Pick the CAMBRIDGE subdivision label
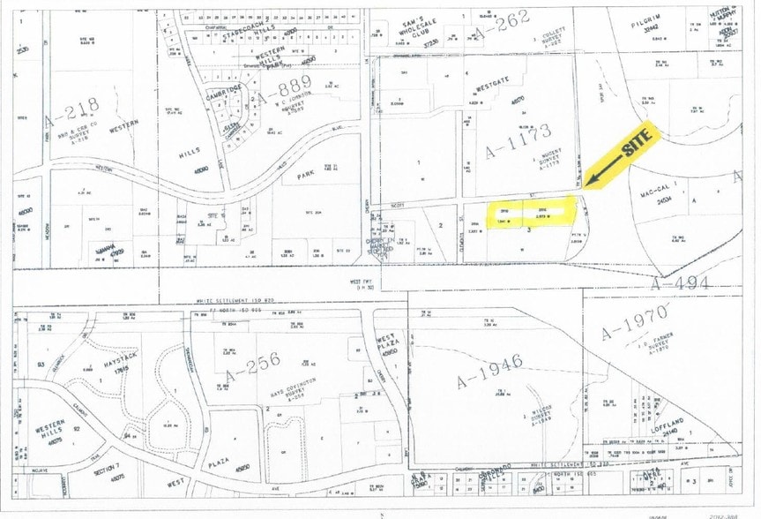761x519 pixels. click(224, 93)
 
